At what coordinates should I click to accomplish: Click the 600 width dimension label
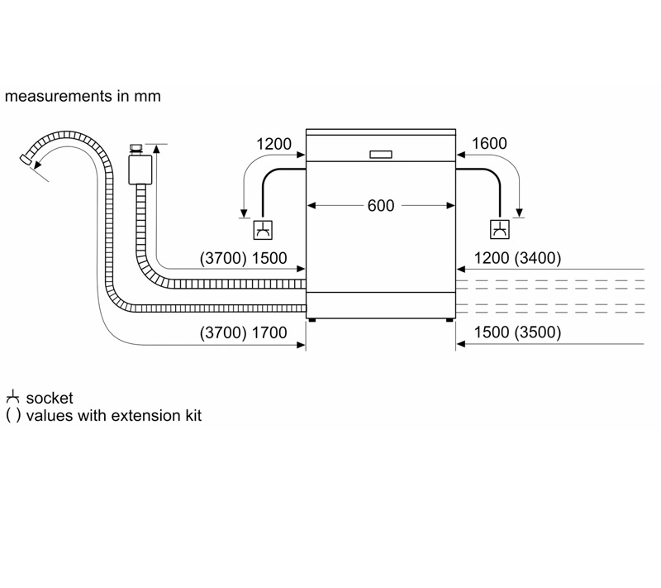pos(381,206)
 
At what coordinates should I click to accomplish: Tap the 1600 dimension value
pos(489,144)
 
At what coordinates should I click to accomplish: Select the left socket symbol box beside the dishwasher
pos(263,230)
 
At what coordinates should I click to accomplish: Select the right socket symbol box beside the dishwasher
pos(500,229)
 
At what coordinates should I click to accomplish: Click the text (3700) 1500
pos(243,258)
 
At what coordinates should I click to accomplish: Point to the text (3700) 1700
pos(243,332)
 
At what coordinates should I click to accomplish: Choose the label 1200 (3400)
pos(518,258)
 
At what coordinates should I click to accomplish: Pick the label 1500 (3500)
pos(518,332)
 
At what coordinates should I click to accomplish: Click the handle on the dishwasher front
pos(381,155)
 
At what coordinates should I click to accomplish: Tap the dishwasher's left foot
pos(312,320)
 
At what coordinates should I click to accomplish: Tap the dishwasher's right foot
pos(449,320)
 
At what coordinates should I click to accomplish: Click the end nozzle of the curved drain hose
pos(26,160)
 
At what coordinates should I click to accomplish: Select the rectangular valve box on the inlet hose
pos(140,170)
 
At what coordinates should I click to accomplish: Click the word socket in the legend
pos(50,398)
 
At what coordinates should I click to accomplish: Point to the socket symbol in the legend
pos(13,396)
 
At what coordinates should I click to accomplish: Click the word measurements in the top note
pos(59,96)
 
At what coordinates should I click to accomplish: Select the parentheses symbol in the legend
pos(13,415)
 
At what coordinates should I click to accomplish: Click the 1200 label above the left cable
pos(274,144)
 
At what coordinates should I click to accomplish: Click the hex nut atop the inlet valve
pos(136,149)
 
